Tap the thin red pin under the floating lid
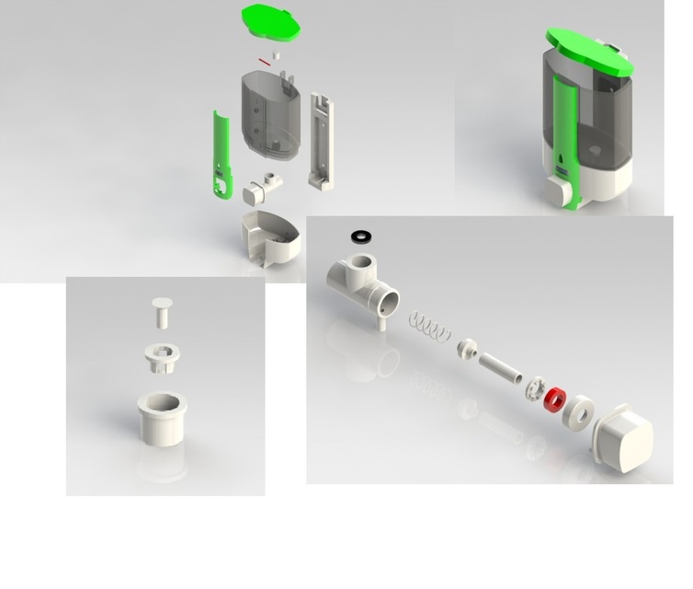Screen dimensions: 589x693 266,62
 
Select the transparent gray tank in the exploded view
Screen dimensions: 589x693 269,115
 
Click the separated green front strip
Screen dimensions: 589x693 221,153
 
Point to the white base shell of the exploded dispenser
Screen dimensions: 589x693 270,237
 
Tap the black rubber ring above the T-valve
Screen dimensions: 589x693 362,237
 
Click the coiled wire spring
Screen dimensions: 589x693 430,325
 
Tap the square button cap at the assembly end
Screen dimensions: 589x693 625,442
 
